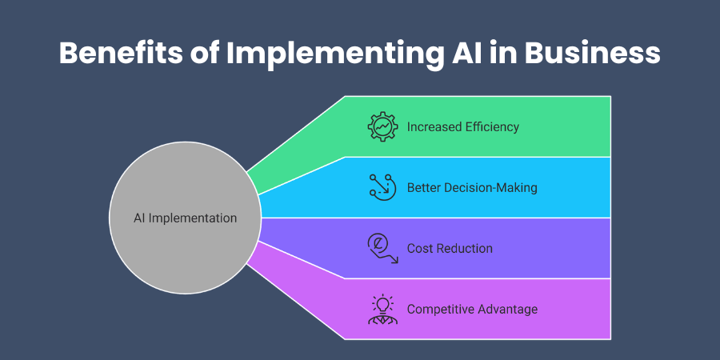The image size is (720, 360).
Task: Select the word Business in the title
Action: coord(593,53)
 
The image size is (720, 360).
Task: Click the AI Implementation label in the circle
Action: coord(184,218)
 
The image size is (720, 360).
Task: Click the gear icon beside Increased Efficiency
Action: coord(382,127)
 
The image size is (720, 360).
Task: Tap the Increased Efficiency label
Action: coord(462,127)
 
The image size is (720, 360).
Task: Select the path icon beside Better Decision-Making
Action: coord(382,188)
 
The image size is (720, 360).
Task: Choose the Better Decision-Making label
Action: coord(472,188)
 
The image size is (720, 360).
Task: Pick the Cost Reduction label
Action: coord(450,248)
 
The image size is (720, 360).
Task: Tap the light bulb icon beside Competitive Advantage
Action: coord(382,309)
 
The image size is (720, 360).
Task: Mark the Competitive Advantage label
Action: coord(472,309)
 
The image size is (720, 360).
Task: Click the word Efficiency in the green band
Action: coord(491,127)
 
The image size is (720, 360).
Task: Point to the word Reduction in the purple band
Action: coord(465,248)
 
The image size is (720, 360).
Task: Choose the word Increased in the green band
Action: coord(433,127)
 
